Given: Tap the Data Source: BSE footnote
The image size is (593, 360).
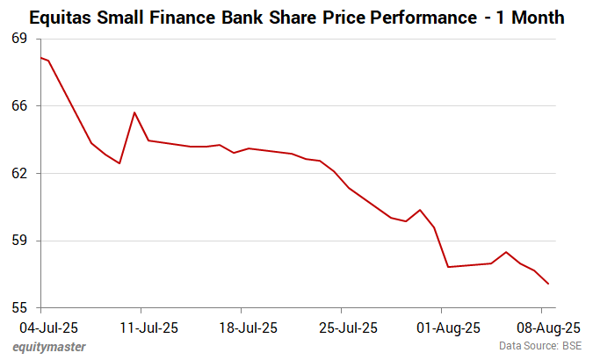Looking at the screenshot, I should [x=539, y=347].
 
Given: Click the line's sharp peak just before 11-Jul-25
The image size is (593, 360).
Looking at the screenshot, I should [x=134, y=112].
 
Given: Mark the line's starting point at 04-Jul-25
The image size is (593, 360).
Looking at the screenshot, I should [x=41, y=58].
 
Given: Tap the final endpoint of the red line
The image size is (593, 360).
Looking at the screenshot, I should [x=548, y=284].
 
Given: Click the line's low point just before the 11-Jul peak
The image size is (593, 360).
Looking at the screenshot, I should [x=119, y=163].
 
